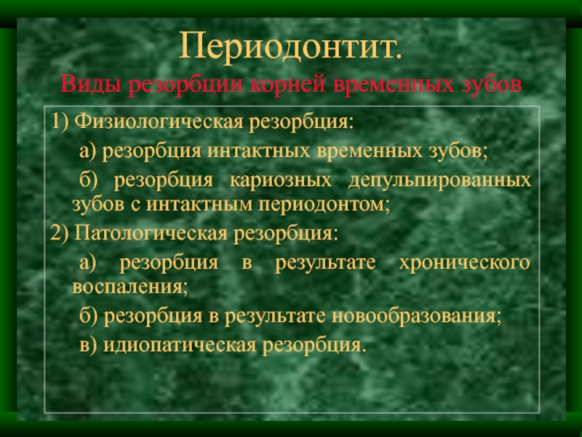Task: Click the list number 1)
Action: click(60, 121)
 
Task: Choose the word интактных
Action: click(258, 151)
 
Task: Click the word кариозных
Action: click(281, 181)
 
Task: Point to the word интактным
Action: click(199, 205)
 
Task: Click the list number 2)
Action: click(60, 233)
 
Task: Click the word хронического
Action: click(465, 263)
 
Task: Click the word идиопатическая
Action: click(180, 345)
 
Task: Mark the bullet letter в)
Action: click(88, 345)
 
